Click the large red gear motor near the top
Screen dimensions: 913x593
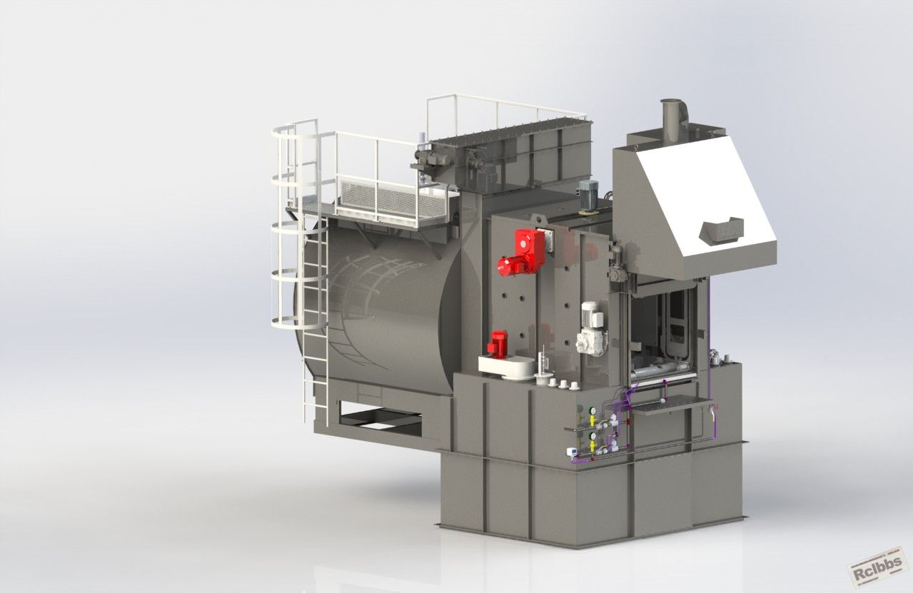click(x=522, y=253)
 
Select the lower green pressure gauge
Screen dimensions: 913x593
click(x=592, y=436)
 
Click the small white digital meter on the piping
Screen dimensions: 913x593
click(x=571, y=451)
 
